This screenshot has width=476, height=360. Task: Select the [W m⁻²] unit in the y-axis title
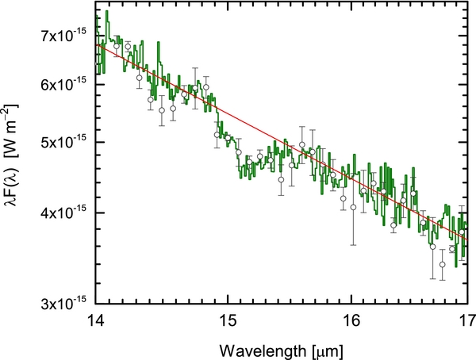click(x=17, y=149)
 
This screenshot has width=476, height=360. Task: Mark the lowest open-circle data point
click(x=443, y=264)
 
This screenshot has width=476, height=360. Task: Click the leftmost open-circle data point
click(x=117, y=46)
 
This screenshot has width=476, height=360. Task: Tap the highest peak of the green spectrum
click(x=106, y=12)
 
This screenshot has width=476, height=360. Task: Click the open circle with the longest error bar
click(x=353, y=207)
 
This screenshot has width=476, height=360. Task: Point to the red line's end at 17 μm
click(x=466, y=239)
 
